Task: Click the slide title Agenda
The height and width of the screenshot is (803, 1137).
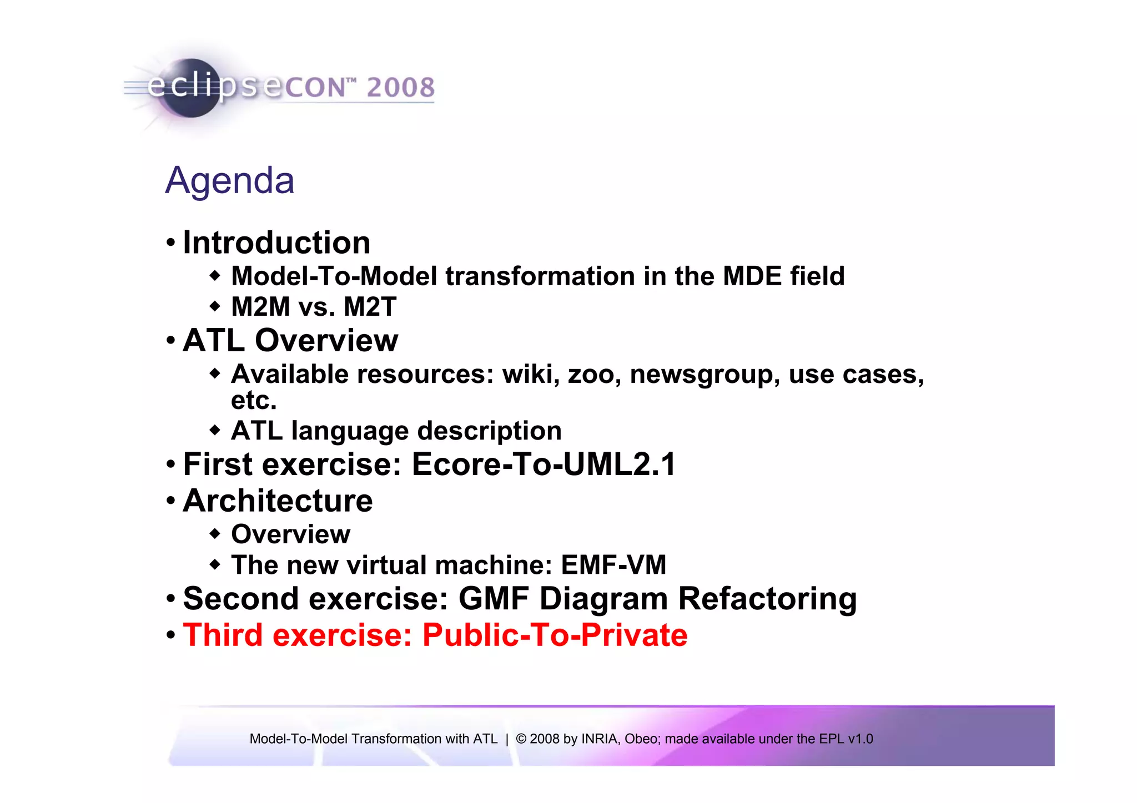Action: (230, 181)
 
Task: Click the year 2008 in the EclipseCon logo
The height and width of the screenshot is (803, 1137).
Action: (400, 88)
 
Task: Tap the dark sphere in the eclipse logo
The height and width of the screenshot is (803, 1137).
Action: (192, 89)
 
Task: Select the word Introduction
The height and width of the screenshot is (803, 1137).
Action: (276, 243)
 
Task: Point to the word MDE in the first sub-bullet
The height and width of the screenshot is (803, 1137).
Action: (752, 276)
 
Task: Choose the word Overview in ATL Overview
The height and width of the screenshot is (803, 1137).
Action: (326, 340)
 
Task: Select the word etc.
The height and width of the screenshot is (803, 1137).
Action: (254, 401)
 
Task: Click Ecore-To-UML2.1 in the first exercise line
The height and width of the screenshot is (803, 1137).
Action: (544, 464)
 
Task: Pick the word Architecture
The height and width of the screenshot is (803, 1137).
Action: (278, 501)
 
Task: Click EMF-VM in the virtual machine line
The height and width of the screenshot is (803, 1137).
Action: (613, 565)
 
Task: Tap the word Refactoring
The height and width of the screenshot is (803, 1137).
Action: (767, 599)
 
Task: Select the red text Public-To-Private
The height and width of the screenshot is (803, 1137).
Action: (555, 635)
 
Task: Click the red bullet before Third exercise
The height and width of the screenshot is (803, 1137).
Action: (171, 634)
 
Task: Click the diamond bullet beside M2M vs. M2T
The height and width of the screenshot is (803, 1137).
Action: (215, 306)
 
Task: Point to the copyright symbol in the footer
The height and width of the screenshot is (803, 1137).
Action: (521, 739)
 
